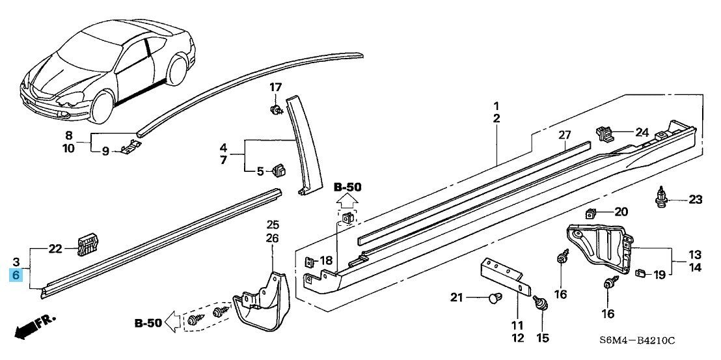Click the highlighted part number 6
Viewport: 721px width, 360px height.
[16, 275]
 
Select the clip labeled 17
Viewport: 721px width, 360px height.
[275, 110]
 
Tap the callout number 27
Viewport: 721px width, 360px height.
[564, 135]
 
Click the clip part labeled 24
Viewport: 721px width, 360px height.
[605, 133]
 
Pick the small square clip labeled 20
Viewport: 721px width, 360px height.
[591, 213]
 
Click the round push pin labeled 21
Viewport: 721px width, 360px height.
[494, 298]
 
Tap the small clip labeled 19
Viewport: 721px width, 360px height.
[639, 273]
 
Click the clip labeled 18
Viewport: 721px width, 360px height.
[309, 262]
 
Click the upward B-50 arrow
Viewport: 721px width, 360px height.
[347, 201]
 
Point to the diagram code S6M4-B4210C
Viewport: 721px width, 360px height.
[637, 340]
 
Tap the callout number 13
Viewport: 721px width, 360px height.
[695, 255]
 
